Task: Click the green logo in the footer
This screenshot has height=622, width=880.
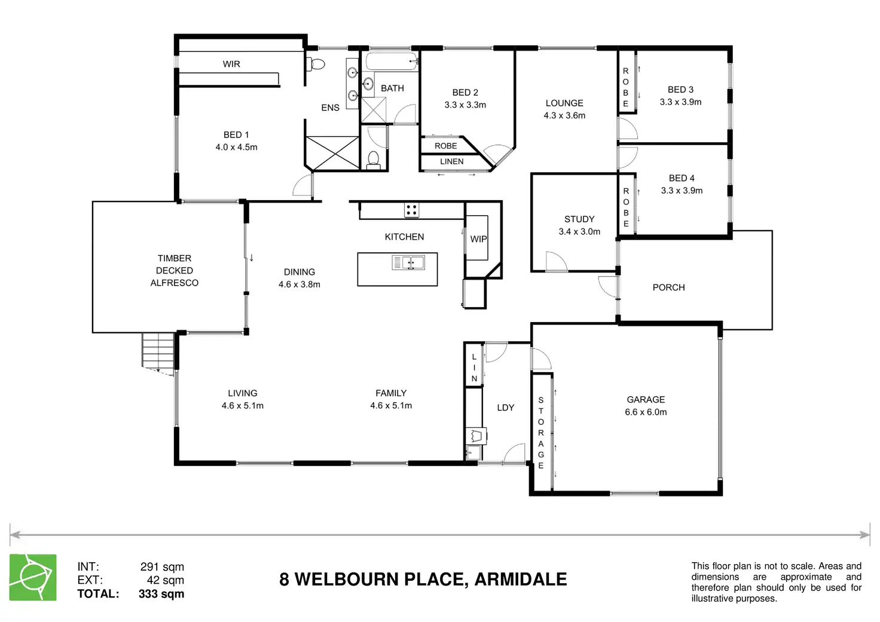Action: click(33, 577)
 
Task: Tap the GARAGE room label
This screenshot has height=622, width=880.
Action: click(646, 400)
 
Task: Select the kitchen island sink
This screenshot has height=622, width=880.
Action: click(408, 262)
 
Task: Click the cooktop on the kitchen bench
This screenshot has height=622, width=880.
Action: click(411, 210)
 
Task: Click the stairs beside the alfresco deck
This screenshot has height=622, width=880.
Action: click(158, 351)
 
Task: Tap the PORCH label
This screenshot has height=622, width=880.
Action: click(668, 287)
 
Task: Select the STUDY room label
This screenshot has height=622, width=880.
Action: click(579, 219)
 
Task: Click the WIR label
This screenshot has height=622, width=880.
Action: click(231, 64)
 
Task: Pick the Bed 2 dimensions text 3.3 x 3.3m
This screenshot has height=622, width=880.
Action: click(465, 105)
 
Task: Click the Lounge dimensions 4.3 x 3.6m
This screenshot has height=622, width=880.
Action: click(564, 116)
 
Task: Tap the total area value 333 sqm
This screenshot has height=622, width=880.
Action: click(161, 594)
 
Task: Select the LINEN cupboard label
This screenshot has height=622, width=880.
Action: click(451, 161)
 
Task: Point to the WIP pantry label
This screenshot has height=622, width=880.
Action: click(478, 239)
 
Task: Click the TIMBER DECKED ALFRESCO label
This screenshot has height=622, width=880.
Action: click(175, 271)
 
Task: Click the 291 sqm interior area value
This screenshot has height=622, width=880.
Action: click(162, 567)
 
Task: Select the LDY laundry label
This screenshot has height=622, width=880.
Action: click(506, 407)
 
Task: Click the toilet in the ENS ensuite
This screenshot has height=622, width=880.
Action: click(317, 64)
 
